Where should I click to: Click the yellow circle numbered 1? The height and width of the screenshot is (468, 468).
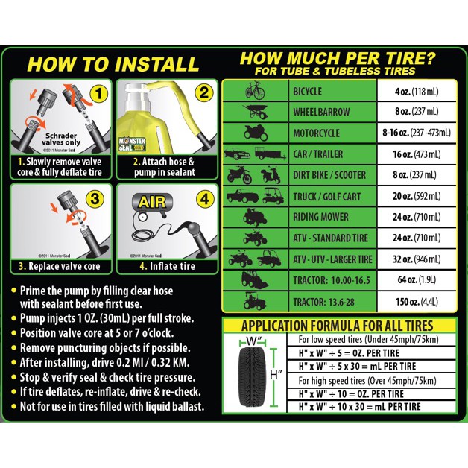coord(98,94)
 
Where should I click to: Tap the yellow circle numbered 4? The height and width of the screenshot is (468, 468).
coord(205,199)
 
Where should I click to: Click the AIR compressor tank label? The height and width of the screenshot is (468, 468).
coord(152,203)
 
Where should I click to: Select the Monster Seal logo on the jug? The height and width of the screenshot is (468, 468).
coord(132,145)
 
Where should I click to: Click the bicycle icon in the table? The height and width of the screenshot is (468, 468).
coord(255,91)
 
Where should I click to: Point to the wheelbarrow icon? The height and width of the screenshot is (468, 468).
coord(255,112)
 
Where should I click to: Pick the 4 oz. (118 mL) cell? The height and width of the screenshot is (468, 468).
coord(417,92)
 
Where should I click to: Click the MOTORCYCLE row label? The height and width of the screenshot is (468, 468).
coord(317,133)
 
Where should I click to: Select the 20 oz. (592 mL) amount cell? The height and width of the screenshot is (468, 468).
coord(417,196)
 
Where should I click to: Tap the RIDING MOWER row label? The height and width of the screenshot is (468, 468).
coord(320,217)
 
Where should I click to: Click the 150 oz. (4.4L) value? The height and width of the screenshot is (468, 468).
coord(417,302)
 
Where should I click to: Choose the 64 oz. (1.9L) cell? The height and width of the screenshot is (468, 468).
coord(417,279)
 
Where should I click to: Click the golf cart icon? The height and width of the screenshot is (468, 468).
coord(273,197)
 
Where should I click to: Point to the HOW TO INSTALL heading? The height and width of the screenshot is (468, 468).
coord(113,64)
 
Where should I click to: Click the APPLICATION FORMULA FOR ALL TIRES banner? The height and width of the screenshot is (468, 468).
coord(338,326)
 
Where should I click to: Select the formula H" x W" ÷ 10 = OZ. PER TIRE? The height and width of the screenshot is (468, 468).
coord(351,394)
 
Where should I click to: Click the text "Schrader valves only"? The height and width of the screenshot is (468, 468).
coord(61,139)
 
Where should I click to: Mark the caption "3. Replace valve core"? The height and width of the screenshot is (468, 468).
coord(60,266)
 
